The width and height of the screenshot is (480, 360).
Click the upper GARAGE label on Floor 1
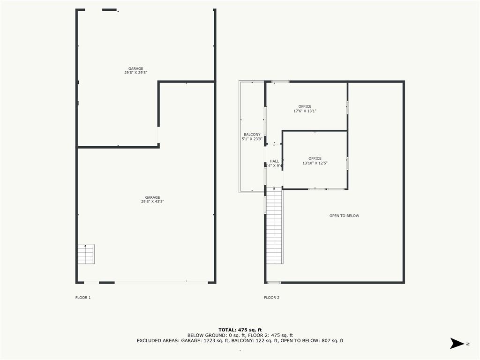pos(136,68)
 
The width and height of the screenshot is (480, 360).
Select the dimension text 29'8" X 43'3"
pos(152,202)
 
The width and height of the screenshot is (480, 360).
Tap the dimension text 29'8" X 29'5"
pos(136,73)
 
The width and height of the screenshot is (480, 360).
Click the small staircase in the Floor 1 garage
pos(86,254)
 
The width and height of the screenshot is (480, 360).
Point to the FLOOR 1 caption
pos(83,298)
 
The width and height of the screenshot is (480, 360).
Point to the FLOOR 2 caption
pos(271,298)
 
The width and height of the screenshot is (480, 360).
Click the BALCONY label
pos(252,135)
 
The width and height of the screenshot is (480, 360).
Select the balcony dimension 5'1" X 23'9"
pos(252,139)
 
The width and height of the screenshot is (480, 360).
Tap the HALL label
pos(274,161)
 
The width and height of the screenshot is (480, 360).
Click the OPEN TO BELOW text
pos(344,216)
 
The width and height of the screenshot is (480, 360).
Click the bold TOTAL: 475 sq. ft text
pos(240,330)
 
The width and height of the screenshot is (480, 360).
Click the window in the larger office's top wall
pos(280,82)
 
